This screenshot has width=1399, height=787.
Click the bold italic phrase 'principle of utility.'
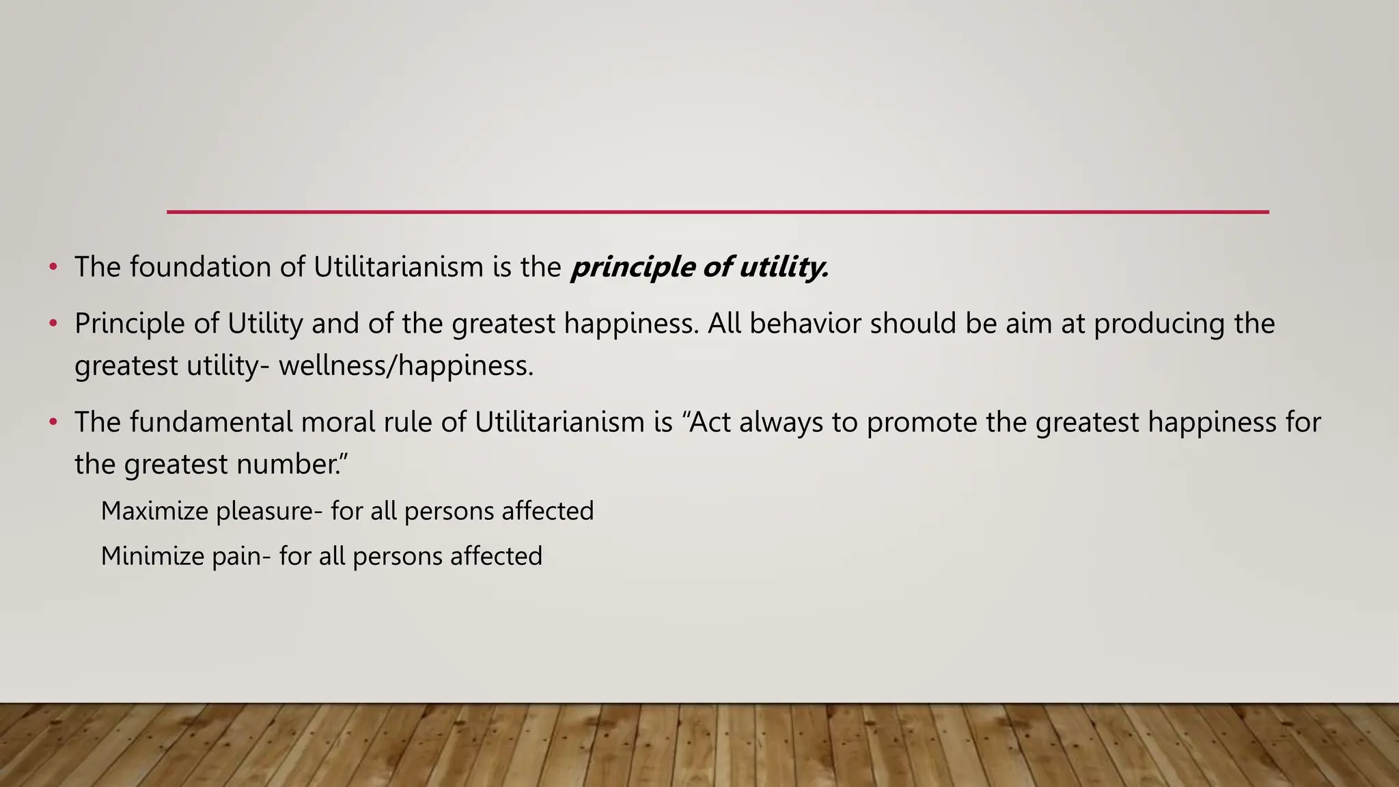click(699, 267)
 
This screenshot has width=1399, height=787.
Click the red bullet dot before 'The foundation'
click(53, 267)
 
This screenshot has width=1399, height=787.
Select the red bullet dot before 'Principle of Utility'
click(53, 324)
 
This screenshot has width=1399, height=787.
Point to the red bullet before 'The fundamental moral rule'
click(53, 422)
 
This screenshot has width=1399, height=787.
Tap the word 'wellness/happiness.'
click(406, 365)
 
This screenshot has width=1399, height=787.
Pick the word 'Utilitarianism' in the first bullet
click(398, 266)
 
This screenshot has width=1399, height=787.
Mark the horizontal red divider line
click(717, 212)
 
